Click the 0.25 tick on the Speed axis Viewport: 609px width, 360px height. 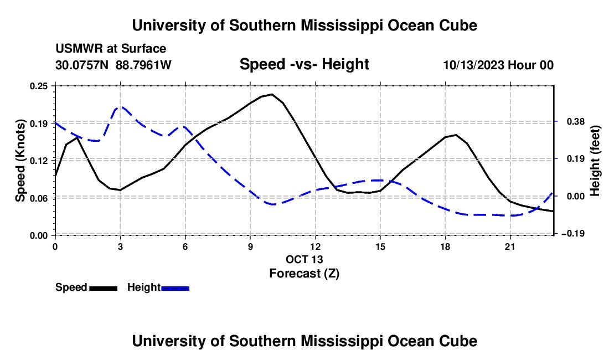(x=38, y=86)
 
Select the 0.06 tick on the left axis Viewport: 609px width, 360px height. (x=38, y=198)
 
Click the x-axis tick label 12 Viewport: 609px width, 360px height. (x=316, y=246)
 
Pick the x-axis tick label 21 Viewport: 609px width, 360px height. (x=510, y=246)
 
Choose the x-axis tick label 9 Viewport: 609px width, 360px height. (x=250, y=246)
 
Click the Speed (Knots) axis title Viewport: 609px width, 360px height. (x=20, y=161)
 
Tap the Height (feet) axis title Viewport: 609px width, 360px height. (x=595, y=161)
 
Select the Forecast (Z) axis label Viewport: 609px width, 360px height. (x=304, y=274)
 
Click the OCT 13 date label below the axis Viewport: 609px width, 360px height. (x=304, y=259)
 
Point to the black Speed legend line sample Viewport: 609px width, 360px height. (x=104, y=289)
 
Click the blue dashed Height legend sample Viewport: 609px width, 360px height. (x=175, y=289)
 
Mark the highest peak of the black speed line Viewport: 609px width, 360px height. (x=272, y=94)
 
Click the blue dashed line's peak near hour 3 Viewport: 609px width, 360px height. (x=121, y=106)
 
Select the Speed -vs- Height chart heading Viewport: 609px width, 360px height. (x=304, y=64)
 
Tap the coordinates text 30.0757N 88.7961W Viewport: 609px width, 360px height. (x=113, y=65)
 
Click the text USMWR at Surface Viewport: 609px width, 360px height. (x=111, y=49)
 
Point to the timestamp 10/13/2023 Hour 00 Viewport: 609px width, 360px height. (x=498, y=65)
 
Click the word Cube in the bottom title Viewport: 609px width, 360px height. (x=458, y=341)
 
